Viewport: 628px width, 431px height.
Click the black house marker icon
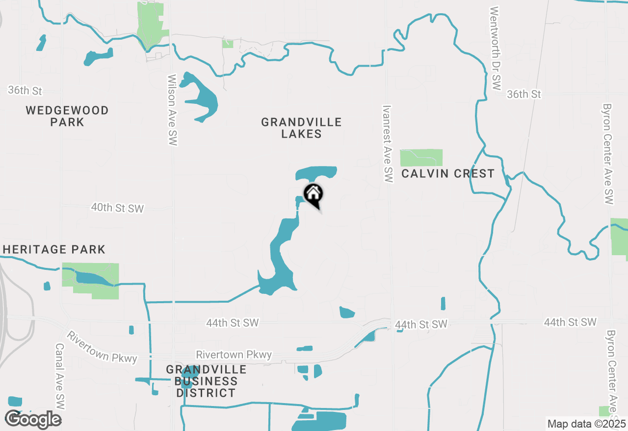click(x=313, y=194)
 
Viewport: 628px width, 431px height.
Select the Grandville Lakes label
click(x=301, y=128)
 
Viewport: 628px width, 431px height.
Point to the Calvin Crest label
click(x=447, y=174)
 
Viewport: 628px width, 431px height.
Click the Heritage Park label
click(x=53, y=249)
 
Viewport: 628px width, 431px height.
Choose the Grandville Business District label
click(x=206, y=381)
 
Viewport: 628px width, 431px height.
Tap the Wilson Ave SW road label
click(x=172, y=110)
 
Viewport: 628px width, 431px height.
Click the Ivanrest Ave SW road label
click(x=388, y=144)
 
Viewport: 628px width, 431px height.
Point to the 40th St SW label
click(x=117, y=208)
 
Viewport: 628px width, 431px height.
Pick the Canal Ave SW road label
click(x=60, y=376)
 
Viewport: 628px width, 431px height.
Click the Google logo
click(x=33, y=419)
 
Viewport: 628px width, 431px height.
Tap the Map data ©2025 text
click(x=587, y=424)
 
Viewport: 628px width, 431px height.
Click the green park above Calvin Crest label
click(x=421, y=158)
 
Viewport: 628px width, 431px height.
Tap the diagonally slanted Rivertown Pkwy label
click(x=102, y=347)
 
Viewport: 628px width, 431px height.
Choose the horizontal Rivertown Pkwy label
click(x=234, y=355)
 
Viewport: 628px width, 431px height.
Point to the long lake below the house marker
click(x=280, y=260)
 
